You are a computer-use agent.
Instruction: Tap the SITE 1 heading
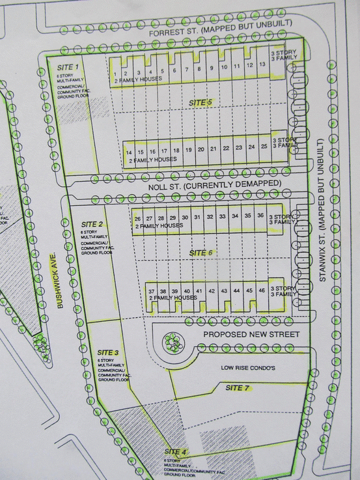[x=68, y=67]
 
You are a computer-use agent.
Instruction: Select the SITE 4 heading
[x=175, y=451]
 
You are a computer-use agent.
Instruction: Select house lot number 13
[x=261, y=65]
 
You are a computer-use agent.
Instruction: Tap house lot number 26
[x=137, y=217]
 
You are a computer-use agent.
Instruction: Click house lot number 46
[x=261, y=290]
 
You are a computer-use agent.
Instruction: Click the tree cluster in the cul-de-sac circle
[x=173, y=341]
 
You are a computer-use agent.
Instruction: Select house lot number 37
[x=151, y=290]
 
